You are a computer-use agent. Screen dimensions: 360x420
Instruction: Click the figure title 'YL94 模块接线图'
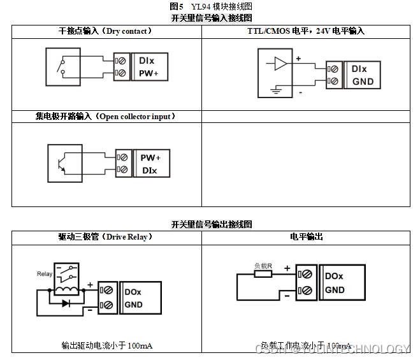pyautogui.click(x=211, y=6)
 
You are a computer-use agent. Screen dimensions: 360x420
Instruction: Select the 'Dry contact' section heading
pyautogui.click(x=105, y=31)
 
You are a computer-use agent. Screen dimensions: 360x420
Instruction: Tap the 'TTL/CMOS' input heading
pyautogui.click(x=306, y=31)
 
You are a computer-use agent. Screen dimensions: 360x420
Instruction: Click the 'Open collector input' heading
pyautogui.click(x=106, y=117)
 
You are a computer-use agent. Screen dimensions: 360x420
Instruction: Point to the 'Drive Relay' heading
pyautogui.click(x=105, y=237)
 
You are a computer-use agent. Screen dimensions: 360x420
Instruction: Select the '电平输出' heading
pyautogui.click(x=306, y=237)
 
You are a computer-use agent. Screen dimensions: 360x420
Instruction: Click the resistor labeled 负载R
pyautogui.click(x=263, y=274)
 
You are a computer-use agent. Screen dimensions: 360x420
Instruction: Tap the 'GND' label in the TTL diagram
pyautogui.click(x=363, y=82)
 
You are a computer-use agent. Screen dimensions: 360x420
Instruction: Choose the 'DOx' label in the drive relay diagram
pyautogui.click(x=133, y=292)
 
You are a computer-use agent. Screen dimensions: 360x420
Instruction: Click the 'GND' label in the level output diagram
pyautogui.click(x=335, y=290)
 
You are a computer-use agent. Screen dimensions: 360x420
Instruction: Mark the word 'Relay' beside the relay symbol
pyautogui.click(x=45, y=274)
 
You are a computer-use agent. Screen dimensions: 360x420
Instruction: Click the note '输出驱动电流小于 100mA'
pyautogui.click(x=106, y=346)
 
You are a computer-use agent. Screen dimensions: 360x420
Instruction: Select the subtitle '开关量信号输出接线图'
pyautogui.click(x=211, y=225)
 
